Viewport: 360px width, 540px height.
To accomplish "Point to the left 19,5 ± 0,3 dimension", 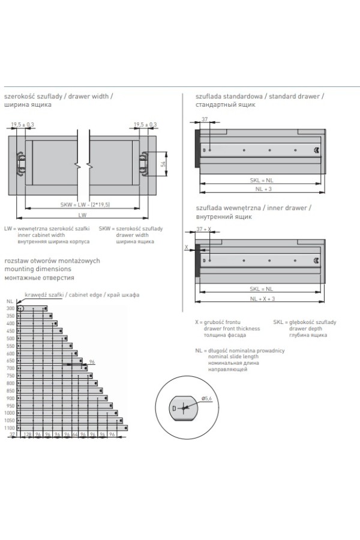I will pyautogui.click(x=23, y=124).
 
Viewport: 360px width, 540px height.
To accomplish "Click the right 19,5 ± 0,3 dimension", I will pyautogui.click(x=145, y=124).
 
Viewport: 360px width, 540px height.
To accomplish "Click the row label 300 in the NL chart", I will pyautogui.click(x=10, y=308).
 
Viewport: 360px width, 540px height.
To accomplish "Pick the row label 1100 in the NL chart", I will pyautogui.click(x=9, y=428).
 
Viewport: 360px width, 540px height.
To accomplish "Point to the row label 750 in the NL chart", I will pyautogui.click(x=10, y=376).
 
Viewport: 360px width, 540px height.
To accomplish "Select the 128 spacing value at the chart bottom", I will pyautogui.click(x=27, y=434).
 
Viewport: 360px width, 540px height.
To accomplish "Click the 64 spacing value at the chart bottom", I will pyautogui.click(x=76, y=434).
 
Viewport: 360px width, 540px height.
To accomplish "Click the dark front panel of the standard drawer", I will pyautogui.click(x=197, y=148).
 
